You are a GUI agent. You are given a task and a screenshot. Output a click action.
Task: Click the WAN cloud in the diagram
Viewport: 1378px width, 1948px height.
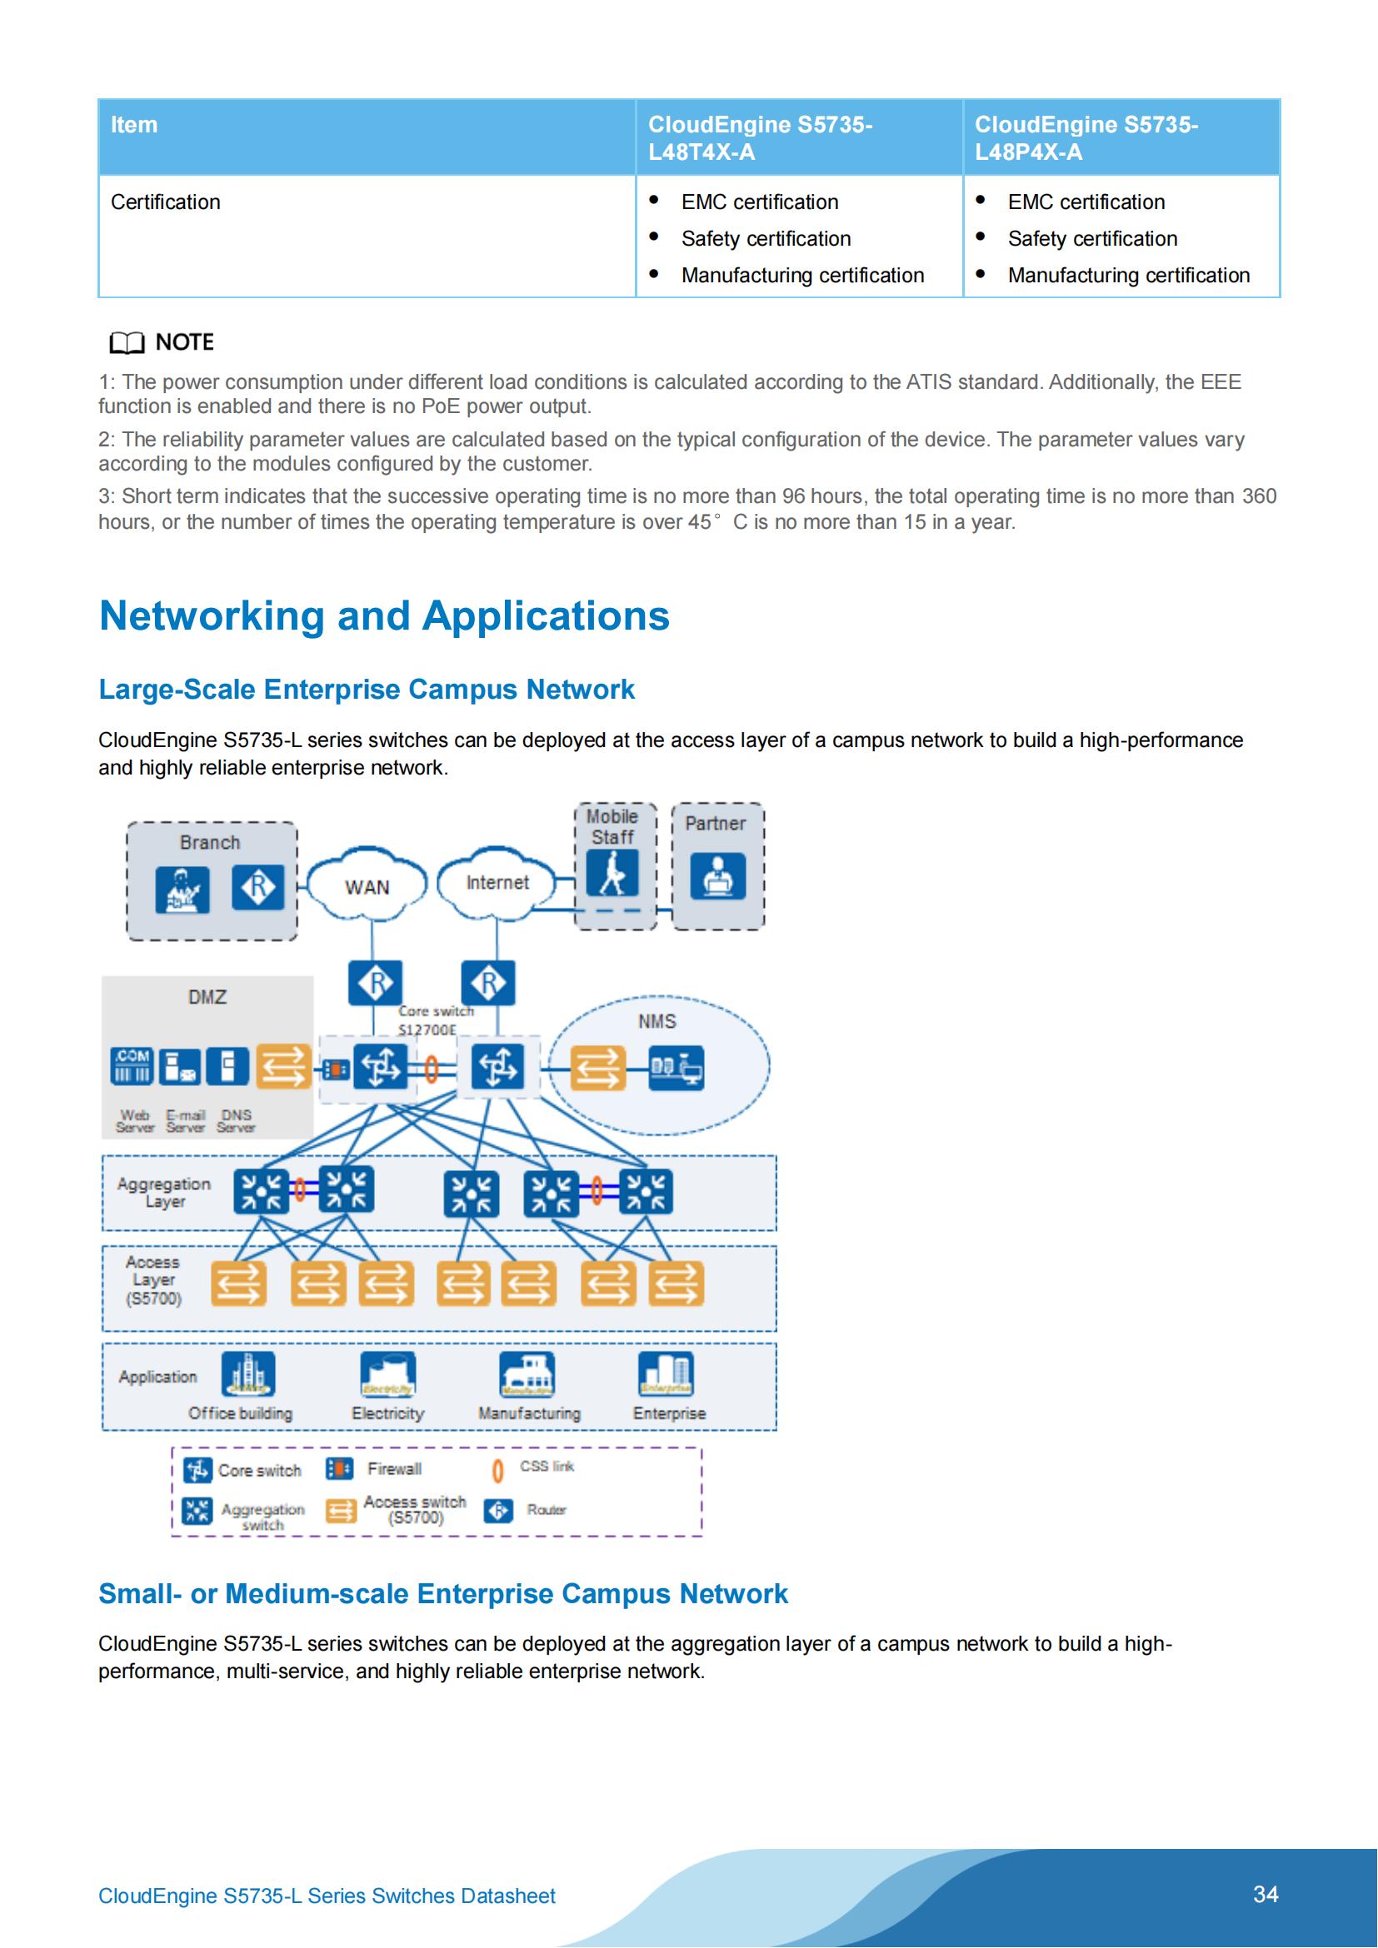coord(367,886)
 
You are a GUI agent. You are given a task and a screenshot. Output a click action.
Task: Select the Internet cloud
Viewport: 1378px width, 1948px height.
coord(497,882)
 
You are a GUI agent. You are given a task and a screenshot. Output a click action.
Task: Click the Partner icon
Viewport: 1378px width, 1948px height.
coord(717,875)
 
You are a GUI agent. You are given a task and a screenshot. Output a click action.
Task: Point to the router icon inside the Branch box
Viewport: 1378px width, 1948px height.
coord(258,888)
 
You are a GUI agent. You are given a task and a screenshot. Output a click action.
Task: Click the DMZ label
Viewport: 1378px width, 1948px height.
coord(207,997)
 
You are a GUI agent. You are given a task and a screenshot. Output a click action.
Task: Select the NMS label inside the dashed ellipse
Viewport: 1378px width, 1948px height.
coord(657,1021)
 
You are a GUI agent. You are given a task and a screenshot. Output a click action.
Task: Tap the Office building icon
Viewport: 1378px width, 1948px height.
coord(247,1373)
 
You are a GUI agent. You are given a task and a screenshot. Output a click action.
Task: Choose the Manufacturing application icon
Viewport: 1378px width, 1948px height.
coord(527,1373)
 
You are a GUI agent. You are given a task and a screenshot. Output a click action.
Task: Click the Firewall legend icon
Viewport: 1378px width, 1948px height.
coord(339,1468)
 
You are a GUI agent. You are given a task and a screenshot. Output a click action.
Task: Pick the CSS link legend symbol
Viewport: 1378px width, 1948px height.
coord(498,1470)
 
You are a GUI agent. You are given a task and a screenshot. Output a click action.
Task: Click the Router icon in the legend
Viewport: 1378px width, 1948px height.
coord(498,1510)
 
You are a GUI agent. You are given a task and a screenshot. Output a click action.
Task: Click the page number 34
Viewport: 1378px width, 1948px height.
coord(1266,1894)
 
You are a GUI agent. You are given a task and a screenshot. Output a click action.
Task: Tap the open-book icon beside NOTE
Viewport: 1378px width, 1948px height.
coord(127,343)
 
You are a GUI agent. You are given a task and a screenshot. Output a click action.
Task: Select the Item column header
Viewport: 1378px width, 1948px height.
coord(134,125)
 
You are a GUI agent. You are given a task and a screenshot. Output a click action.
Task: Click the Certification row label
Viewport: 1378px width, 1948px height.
coord(166,202)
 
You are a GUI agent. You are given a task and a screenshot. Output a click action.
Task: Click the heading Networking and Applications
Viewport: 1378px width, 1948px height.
coord(383,615)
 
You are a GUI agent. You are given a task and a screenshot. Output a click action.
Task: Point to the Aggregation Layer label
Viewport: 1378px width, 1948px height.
coord(164,1192)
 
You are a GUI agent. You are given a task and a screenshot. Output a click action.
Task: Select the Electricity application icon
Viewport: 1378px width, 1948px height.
coord(387,1373)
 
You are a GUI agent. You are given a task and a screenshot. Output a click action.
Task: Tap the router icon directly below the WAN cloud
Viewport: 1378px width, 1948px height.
coord(375,983)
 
